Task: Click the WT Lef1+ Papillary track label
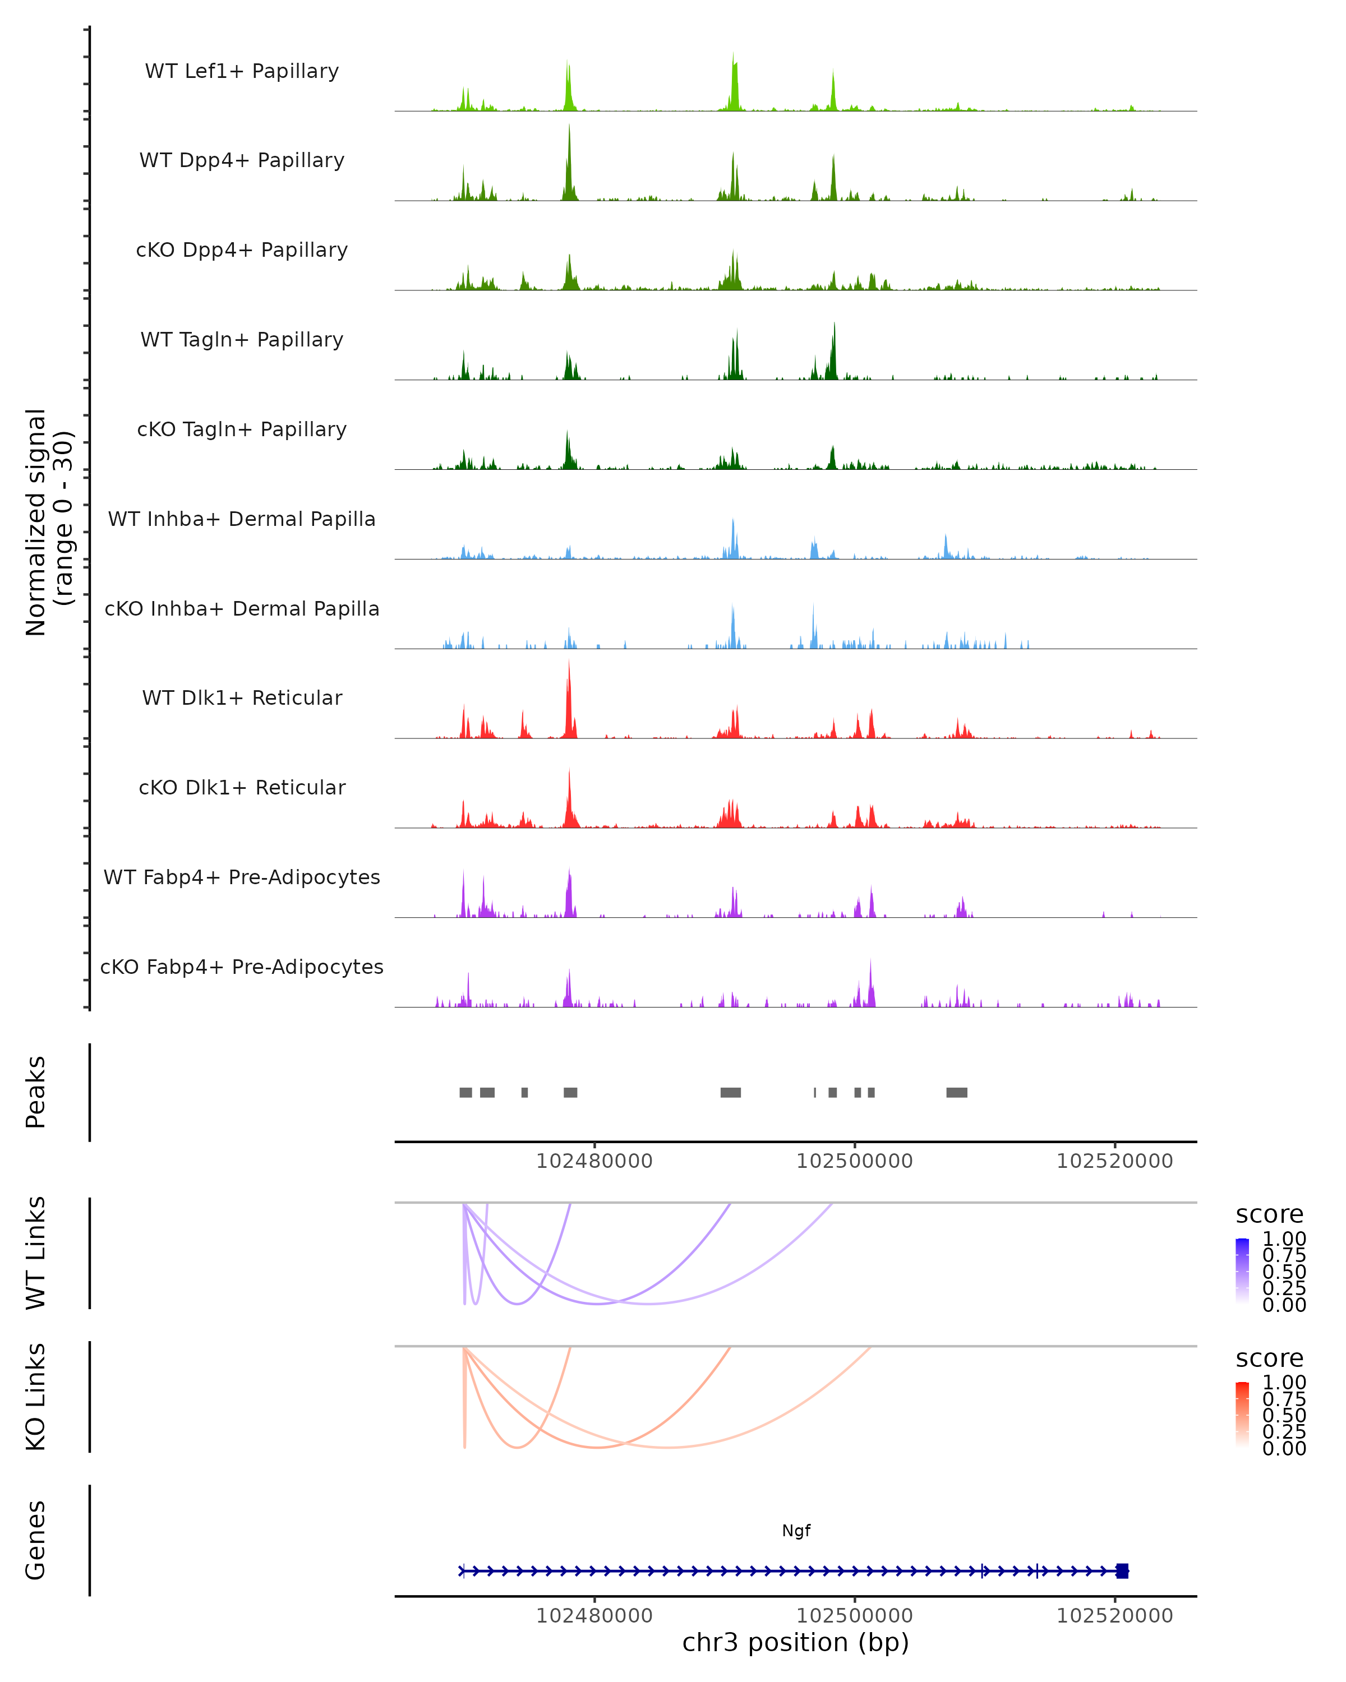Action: click(x=242, y=71)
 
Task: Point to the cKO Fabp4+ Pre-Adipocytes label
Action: click(x=242, y=967)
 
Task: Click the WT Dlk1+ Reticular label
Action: click(x=242, y=697)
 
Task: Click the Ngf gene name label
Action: click(x=796, y=1531)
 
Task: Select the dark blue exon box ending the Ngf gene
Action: click(x=1122, y=1571)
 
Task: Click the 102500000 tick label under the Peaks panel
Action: click(x=854, y=1161)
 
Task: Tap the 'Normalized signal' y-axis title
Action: click(x=36, y=522)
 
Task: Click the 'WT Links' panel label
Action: click(x=36, y=1253)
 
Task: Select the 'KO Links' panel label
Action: click(x=36, y=1397)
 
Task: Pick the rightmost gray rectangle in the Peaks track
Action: click(x=957, y=1092)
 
